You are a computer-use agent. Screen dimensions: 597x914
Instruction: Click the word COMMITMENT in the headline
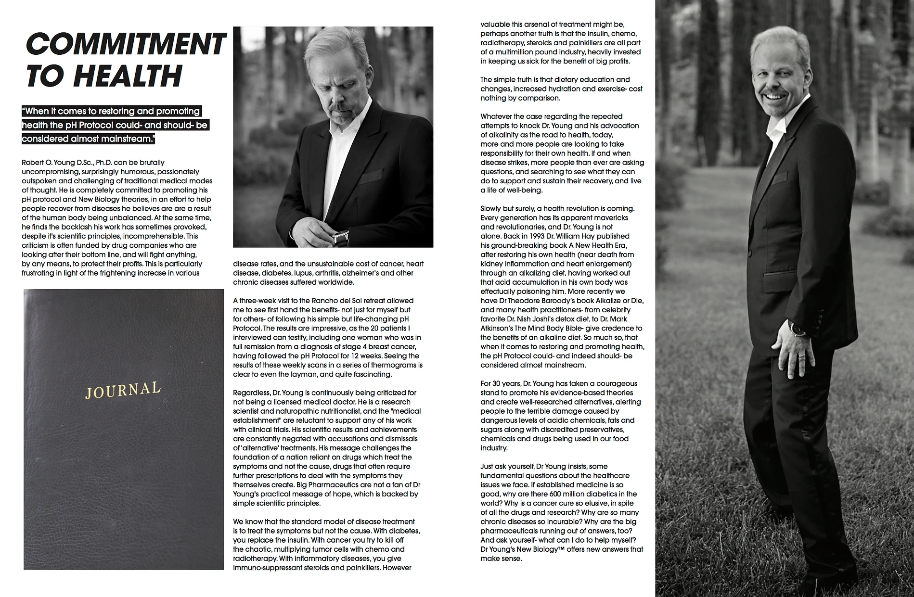pyautogui.click(x=125, y=44)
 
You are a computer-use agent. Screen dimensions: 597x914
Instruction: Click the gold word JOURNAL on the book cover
pyautogui.click(x=123, y=390)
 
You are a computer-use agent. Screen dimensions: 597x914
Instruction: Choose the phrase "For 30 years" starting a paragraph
pyautogui.click(x=501, y=383)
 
